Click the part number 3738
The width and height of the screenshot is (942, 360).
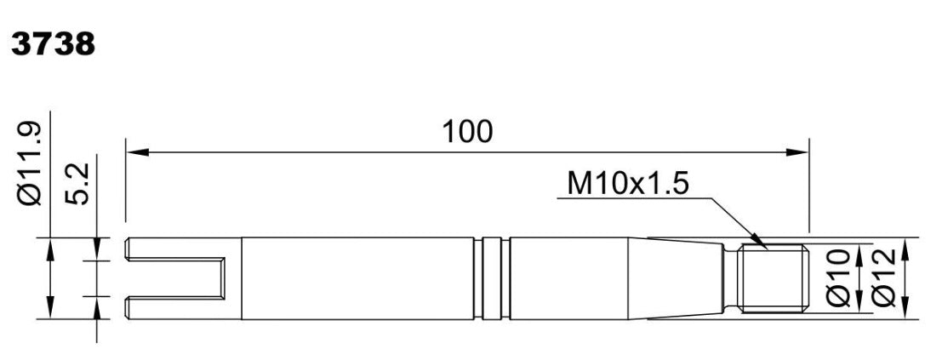[53, 44]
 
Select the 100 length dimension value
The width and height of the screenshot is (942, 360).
[467, 132]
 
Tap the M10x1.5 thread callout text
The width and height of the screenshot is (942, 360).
[627, 184]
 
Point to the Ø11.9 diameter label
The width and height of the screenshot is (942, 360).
[30, 163]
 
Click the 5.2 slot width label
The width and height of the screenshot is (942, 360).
[77, 184]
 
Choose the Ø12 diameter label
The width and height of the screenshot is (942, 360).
[883, 278]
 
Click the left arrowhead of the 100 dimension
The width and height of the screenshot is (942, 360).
[138, 152]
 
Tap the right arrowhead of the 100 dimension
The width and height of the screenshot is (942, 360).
[798, 152]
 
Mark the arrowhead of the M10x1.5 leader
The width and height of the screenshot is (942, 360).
[760, 243]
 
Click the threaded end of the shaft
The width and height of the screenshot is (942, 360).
[773, 278]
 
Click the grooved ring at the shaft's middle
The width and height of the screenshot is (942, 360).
[492, 278]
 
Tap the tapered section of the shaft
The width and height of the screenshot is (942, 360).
[675, 278]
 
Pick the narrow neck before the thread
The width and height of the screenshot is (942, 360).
[730, 278]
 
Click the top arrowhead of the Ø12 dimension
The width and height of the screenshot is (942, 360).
[906, 249]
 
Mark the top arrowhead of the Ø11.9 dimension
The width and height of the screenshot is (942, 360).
[50, 249]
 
